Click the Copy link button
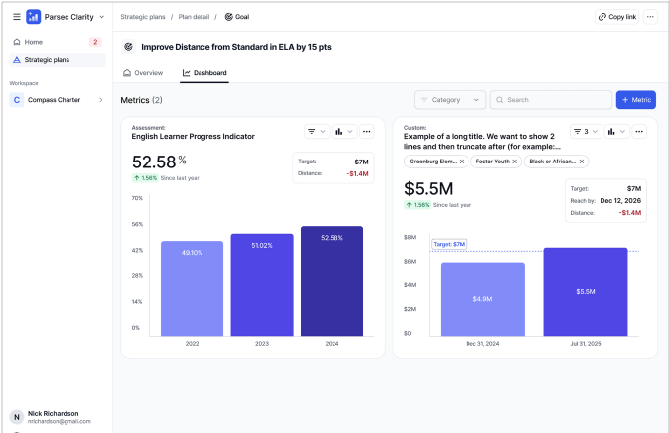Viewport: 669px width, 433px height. click(617, 17)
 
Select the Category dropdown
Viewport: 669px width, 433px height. click(451, 100)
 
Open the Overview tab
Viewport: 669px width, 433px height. click(143, 73)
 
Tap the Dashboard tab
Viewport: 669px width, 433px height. click(204, 73)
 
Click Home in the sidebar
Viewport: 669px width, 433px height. click(34, 42)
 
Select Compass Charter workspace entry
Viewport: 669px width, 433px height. click(56, 99)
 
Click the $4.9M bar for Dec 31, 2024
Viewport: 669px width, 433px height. click(482, 298)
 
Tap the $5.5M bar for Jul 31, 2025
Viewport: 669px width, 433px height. click(586, 291)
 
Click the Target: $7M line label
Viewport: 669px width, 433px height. click(449, 244)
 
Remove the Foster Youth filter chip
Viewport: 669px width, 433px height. click(514, 162)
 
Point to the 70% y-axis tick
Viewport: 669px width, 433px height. click(137, 198)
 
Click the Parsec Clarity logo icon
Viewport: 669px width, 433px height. click(34, 17)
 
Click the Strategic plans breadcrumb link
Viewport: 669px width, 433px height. click(143, 17)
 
